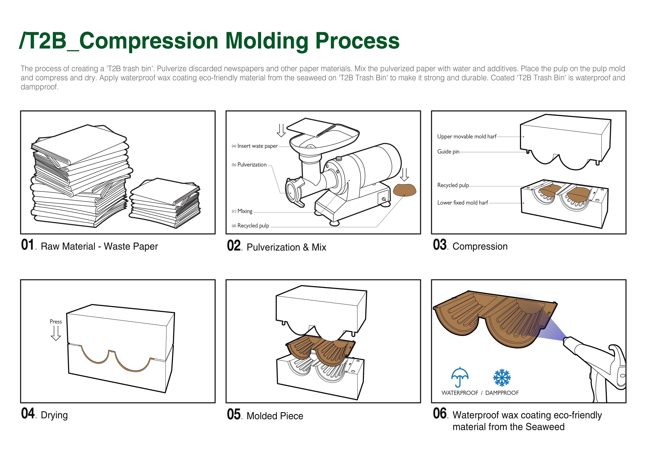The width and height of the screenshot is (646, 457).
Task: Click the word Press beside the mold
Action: [56, 321]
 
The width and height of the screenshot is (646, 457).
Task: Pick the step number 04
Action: [28, 413]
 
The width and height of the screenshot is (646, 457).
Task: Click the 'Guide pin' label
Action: [448, 152]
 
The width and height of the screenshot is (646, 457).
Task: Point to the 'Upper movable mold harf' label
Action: [466, 136]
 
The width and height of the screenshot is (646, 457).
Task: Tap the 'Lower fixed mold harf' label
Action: [462, 203]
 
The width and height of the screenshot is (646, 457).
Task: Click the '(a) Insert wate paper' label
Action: [255, 146]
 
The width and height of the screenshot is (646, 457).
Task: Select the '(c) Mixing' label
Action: [242, 211]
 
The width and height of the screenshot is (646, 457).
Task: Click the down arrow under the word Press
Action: [56, 333]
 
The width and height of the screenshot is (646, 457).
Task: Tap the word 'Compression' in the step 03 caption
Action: [480, 246]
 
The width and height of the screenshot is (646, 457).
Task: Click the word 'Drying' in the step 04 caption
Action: [54, 415]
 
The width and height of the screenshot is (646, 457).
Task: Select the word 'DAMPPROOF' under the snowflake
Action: [502, 393]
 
